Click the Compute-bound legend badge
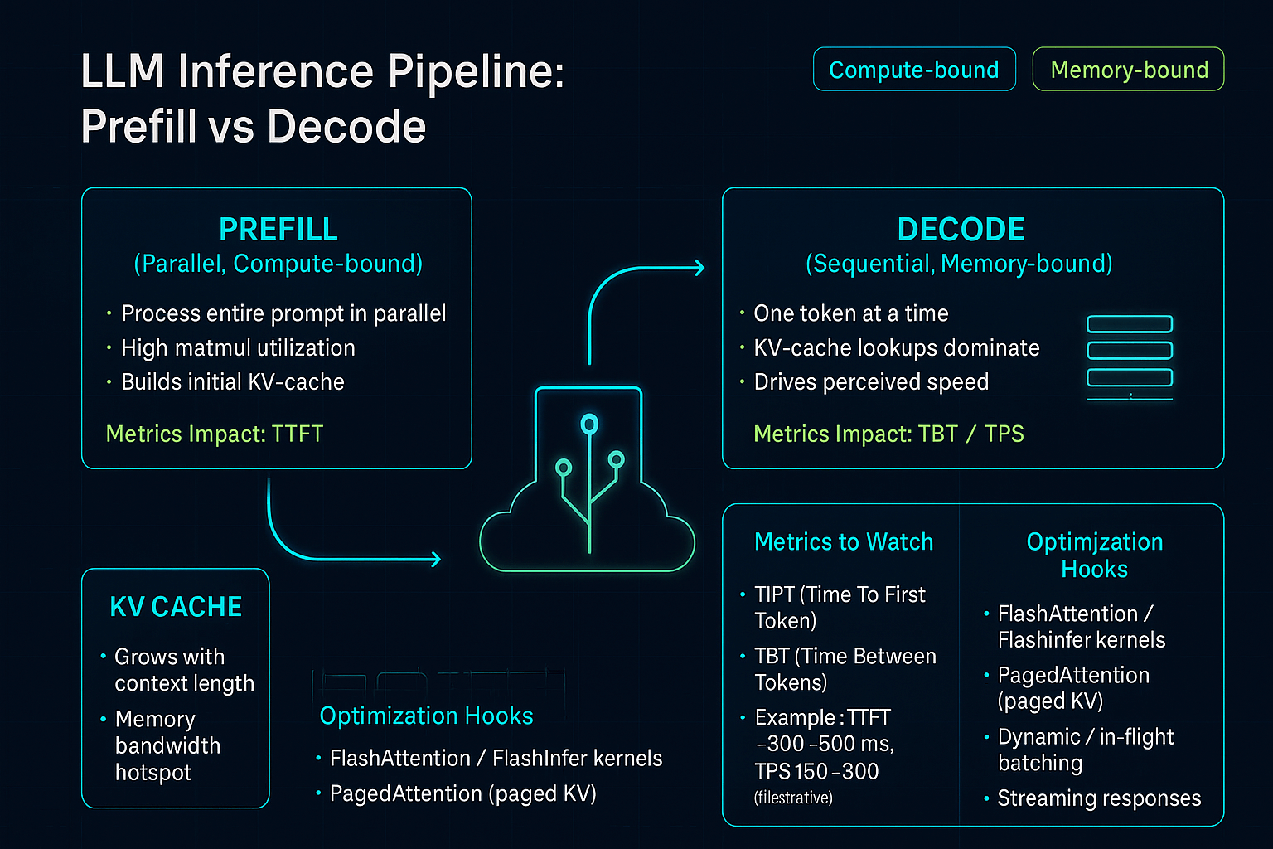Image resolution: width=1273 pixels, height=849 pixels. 914,70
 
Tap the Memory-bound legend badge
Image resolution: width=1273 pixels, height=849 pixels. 1128,70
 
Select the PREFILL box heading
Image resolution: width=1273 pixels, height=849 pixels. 278,229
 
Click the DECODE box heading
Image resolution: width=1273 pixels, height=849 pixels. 961,229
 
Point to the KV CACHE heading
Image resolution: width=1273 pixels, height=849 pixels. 176,607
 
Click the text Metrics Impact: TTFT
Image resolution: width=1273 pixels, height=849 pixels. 214,434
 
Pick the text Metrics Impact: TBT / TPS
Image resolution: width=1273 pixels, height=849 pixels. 888,434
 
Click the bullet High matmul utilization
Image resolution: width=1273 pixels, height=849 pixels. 238,347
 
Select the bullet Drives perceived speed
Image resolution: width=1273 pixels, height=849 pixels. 870,381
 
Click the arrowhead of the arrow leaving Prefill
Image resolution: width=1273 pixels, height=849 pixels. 435,560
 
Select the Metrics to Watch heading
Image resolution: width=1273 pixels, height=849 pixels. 844,541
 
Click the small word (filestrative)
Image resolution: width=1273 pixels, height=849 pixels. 793,798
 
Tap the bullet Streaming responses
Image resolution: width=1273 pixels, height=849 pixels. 1098,798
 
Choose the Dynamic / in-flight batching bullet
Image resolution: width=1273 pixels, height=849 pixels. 1085,750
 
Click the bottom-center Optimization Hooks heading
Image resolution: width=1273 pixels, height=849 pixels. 426,716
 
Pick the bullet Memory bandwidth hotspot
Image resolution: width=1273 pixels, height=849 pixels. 167,745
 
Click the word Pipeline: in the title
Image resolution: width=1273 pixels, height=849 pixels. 475,73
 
